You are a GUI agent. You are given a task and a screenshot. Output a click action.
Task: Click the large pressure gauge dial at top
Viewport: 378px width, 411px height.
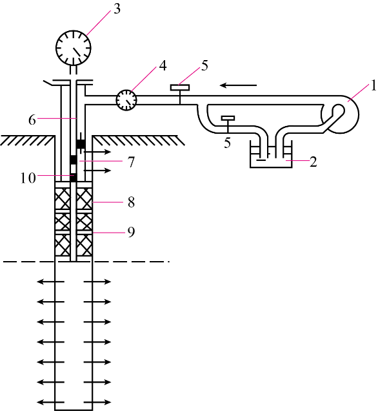[x=74, y=48]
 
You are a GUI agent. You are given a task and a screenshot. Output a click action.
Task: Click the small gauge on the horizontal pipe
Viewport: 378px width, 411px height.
[x=126, y=100]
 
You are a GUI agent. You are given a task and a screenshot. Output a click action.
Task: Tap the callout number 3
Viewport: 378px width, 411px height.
[x=117, y=9]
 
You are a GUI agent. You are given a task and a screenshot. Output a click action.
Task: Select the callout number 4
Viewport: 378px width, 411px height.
[x=163, y=66]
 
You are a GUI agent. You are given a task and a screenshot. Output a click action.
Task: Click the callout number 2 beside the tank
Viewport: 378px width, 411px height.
[x=313, y=162]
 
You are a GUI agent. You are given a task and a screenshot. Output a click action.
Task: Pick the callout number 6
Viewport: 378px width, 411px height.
[x=32, y=120]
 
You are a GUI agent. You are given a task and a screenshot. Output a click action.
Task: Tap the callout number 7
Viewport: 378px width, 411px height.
[x=131, y=162]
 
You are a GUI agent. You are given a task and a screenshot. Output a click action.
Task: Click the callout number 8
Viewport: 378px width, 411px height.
[x=131, y=203]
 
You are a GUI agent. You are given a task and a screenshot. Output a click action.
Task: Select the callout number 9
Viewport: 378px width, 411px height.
[x=131, y=232]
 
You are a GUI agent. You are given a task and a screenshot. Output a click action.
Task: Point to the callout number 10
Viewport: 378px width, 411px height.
[x=28, y=178]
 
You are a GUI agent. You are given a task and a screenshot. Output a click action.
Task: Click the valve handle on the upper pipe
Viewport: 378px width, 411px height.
[x=180, y=87]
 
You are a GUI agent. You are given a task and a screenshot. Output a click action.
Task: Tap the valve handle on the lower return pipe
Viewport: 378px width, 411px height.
[x=228, y=118]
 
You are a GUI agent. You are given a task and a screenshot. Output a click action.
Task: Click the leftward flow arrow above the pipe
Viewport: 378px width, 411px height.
[x=238, y=85]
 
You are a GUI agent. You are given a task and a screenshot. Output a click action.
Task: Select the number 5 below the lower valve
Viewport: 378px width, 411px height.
[x=227, y=143]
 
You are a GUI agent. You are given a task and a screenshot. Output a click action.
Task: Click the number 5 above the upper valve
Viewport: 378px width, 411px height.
[x=204, y=65]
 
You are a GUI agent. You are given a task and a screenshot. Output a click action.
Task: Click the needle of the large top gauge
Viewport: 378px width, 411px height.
[x=76, y=52]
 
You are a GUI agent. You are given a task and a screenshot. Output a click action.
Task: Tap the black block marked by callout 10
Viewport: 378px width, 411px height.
[x=74, y=178]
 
